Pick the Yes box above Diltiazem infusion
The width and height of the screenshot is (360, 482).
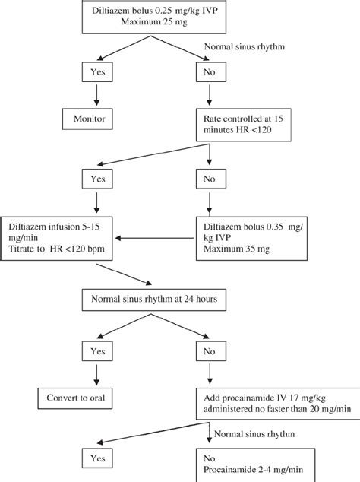pos(96,181)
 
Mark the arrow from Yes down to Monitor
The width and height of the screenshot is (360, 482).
pos(96,97)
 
